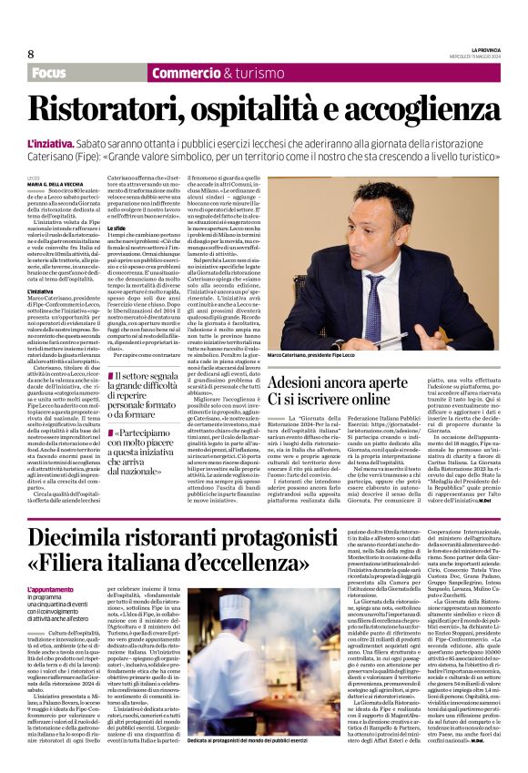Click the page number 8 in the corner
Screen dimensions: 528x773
point(31,53)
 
